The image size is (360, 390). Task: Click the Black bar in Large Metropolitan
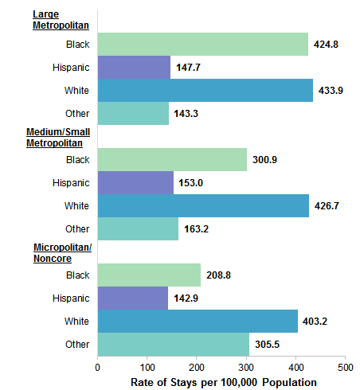tap(202, 44)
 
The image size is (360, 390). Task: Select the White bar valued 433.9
tap(205, 90)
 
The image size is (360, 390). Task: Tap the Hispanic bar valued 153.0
tap(135, 182)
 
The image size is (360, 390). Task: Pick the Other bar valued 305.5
tap(173, 344)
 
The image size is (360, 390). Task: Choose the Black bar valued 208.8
tap(149, 275)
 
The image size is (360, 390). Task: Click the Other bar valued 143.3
tap(133, 113)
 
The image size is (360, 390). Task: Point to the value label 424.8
tap(328, 44)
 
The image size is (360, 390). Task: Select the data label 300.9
tap(267, 160)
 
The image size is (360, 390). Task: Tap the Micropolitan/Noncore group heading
tap(62, 252)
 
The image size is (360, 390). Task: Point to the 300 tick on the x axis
tap(246, 367)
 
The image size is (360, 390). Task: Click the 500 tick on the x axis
tap(345, 367)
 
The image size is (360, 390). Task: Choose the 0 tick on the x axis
tap(97, 367)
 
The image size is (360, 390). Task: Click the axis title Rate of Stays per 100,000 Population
tap(223, 382)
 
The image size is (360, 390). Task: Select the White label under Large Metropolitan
tap(77, 90)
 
